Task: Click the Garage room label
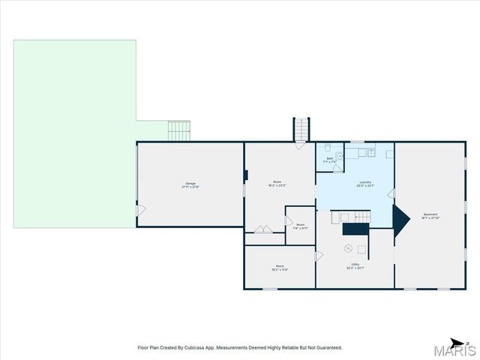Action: tap(190, 185)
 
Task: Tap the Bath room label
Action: tap(330, 160)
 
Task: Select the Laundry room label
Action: tap(365, 184)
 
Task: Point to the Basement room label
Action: tap(430, 216)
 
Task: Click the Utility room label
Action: tap(355, 265)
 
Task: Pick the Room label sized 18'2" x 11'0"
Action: tap(280, 268)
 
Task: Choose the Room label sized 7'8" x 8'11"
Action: tap(300, 226)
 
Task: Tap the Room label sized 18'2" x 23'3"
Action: tap(277, 184)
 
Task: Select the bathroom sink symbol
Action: tap(339, 155)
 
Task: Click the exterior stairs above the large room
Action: tap(301, 129)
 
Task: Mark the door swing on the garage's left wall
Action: tap(141, 210)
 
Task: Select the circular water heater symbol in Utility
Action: tap(347, 248)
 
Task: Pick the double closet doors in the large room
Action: tap(263, 229)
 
